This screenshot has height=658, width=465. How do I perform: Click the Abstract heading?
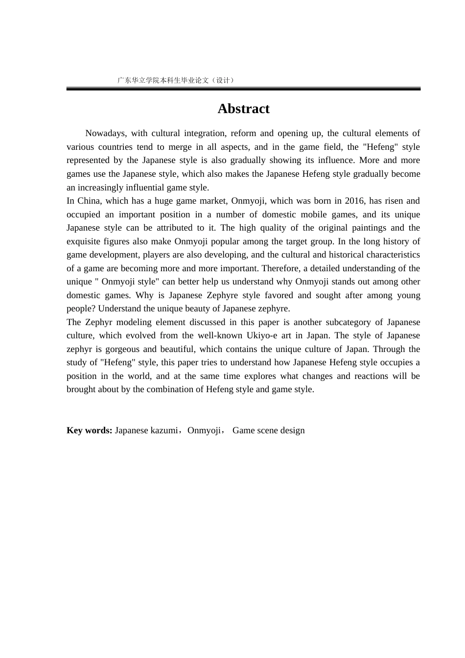point(243,109)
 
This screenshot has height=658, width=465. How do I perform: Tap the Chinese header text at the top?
point(176,80)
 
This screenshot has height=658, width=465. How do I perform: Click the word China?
point(89,201)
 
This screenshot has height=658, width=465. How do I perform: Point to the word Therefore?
point(281,268)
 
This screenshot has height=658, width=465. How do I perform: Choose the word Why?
point(144,295)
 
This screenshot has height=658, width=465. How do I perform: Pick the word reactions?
point(372,376)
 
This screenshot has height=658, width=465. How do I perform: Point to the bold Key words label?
point(89,430)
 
